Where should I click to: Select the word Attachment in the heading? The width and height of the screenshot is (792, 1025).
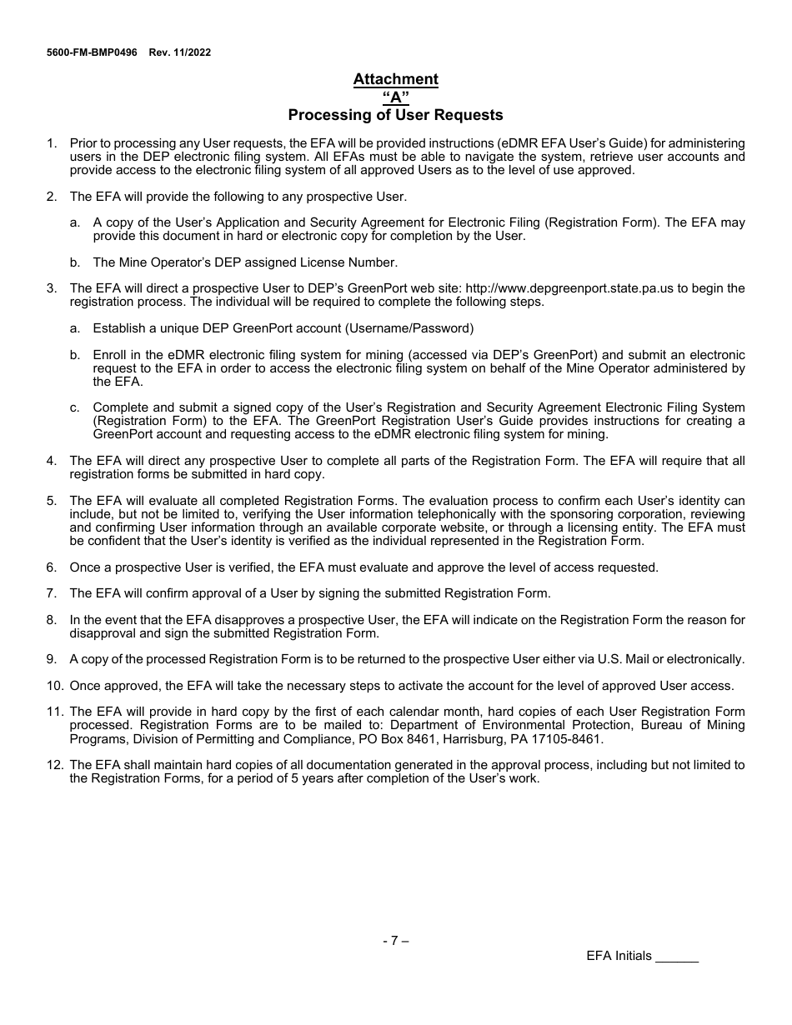pos(395,79)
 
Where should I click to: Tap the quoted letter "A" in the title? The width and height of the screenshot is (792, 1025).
pos(395,97)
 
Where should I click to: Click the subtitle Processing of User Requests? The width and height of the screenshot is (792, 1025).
pos(395,115)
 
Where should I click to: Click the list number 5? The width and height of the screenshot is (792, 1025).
pos(52,501)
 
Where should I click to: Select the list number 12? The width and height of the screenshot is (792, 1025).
pos(54,765)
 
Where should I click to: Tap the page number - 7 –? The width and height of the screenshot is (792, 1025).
pos(395,941)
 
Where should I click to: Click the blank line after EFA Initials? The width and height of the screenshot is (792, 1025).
pos(676,957)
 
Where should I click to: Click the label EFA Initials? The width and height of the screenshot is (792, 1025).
pos(619,956)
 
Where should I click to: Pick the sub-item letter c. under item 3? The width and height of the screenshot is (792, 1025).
pos(75,407)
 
